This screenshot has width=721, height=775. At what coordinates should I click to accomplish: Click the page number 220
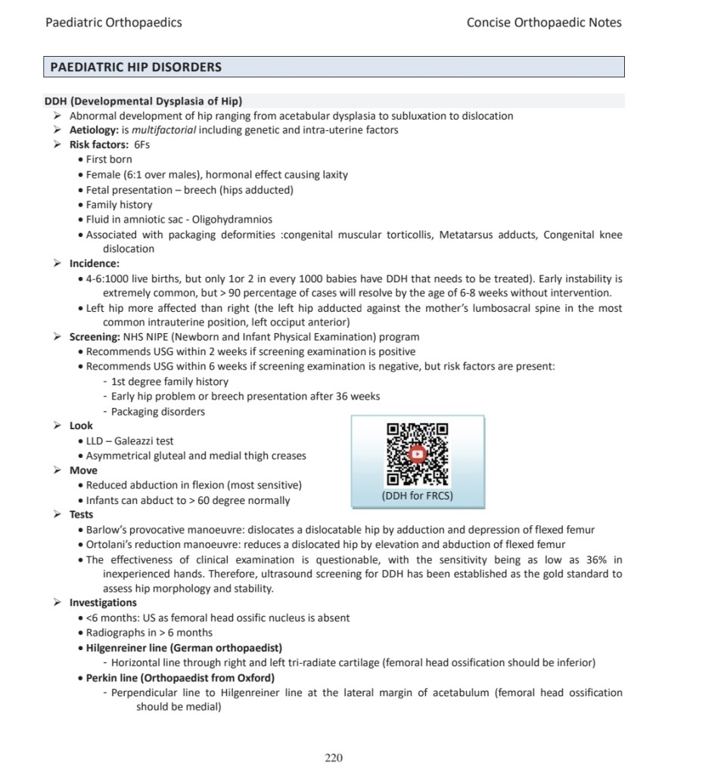[x=334, y=758]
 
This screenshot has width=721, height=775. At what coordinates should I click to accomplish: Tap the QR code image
[x=418, y=454]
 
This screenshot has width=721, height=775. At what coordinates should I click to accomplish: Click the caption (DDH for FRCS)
[x=418, y=496]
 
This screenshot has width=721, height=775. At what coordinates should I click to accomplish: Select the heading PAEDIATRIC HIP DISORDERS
[x=136, y=67]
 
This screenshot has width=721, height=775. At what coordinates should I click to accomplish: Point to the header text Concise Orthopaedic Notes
[x=544, y=23]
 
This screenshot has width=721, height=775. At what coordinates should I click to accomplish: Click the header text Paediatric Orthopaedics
[x=113, y=23]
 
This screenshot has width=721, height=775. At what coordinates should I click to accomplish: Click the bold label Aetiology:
[x=94, y=130]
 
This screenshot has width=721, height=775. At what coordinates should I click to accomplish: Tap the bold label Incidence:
[x=95, y=263]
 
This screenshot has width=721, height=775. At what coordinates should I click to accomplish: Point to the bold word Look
[x=81, y=425]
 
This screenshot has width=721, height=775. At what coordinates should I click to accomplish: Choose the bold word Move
[x=83, y=470]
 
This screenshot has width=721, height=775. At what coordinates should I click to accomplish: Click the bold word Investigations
[x=103, y=602]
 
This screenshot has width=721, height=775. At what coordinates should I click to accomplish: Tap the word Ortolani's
[x=107, y=544]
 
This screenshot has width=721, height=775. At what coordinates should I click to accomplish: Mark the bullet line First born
[x=109, y=160]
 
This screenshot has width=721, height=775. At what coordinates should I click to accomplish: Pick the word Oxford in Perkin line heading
[x=255, y=677]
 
